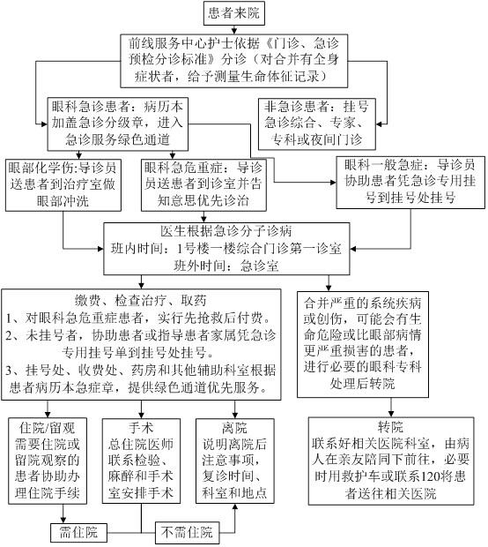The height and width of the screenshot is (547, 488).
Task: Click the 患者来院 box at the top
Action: (x=233, y=13)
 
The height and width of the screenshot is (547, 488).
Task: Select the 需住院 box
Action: (x=78, y=533)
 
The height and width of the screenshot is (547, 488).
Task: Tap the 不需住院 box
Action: (x=187, y=533)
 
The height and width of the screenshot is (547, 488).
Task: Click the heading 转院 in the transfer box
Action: (x=390, y=427)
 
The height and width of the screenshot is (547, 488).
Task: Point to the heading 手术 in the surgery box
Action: (x=141, y=427)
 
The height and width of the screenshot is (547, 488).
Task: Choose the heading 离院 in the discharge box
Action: (x=234, y=427)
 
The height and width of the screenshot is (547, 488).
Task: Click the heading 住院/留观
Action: (x=47, y=427)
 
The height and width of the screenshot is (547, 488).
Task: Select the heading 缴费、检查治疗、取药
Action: (x=141, y=300)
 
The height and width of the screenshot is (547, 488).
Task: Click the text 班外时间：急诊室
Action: (x=226, y=266)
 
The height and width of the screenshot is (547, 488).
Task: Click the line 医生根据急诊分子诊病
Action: (x=226, y=231)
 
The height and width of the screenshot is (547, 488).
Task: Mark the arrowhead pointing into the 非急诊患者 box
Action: (x=379, y=124)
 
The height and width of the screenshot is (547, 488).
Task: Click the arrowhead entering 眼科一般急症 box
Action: (x=333, y=182)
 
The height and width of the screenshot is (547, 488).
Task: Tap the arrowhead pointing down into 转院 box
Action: (x=390, y=414)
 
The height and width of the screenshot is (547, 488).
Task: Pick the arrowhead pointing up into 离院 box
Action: (x=235, y=507)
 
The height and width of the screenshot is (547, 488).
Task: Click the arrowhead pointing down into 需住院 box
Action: (x=63, y=520)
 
